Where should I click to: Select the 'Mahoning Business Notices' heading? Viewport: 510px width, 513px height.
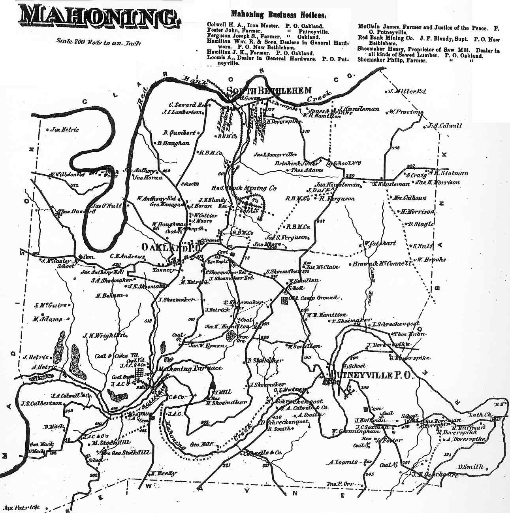[279, 15]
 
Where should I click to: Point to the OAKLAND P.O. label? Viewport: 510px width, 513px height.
[172, 247]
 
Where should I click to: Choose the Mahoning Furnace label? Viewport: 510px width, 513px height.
[190, 368]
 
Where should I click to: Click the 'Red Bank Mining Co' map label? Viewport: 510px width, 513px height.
[244, 189]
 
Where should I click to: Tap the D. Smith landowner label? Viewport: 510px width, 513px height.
[471, 467]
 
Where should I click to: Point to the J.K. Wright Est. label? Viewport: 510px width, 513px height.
[104, 336]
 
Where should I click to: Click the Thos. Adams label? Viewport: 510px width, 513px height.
[307, 170]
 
